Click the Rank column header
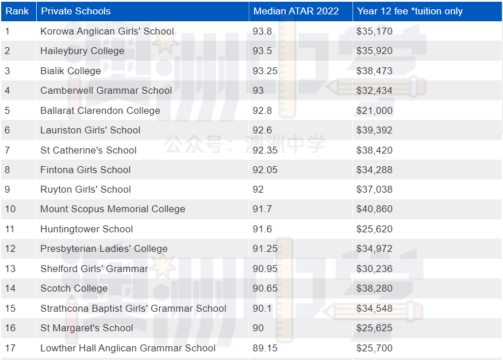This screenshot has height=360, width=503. click(17, 11)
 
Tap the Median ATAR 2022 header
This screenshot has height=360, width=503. click(296, 11)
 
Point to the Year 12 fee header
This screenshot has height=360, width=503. click(409, 11)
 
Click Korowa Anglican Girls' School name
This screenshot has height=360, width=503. click(107, 31)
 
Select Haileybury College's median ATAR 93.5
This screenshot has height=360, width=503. click(263, 51)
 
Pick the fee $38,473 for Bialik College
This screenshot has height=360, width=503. click(374, 71)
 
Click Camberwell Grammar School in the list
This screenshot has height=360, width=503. click(106, 90)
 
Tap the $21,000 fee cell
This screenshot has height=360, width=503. click(374, 110)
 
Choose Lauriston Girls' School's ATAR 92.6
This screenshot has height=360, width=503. click(263, 130)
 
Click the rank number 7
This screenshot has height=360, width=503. click(7, 150)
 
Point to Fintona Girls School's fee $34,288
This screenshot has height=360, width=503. click(374, 170)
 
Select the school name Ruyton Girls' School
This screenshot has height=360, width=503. click(86, 189)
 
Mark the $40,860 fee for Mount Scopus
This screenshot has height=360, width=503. click(374, 209)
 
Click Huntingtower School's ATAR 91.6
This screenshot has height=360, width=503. click(263, 229)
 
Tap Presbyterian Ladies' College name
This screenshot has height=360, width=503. click(104, 248)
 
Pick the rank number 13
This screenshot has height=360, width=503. click(10, 269)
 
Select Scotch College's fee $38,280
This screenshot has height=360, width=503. click(374, 288)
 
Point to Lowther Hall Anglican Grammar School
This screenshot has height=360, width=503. click(128, 348)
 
